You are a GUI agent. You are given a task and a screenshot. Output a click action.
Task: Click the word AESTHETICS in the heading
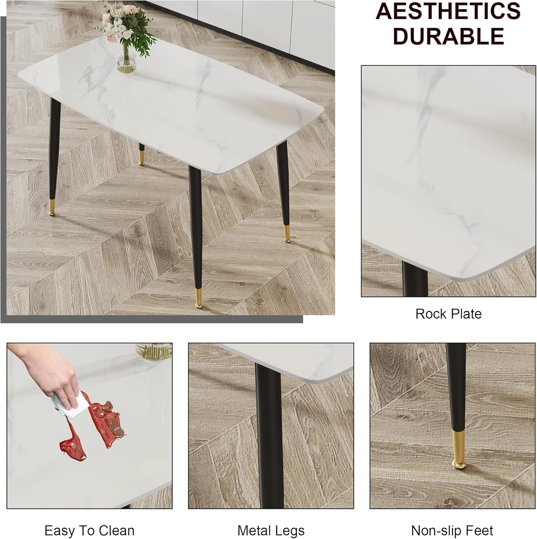coord(448,11)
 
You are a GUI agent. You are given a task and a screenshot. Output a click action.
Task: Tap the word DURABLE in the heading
coord(449,36)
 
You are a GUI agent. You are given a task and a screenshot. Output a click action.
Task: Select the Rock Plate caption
coord(448,314)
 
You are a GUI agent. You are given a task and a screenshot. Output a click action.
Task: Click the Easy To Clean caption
coord(89,530)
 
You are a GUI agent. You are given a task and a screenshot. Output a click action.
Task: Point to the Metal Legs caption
coord(271,530)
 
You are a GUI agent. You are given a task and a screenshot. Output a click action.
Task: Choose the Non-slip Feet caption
coord(452,530)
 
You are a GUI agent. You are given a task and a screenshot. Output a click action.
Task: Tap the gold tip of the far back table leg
coord(142,157)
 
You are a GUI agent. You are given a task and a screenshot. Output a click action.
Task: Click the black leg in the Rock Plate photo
coord(415,278)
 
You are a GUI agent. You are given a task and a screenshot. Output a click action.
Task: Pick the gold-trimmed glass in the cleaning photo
coord(154,351)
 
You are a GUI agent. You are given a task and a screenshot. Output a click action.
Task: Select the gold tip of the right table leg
coord(287,234)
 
